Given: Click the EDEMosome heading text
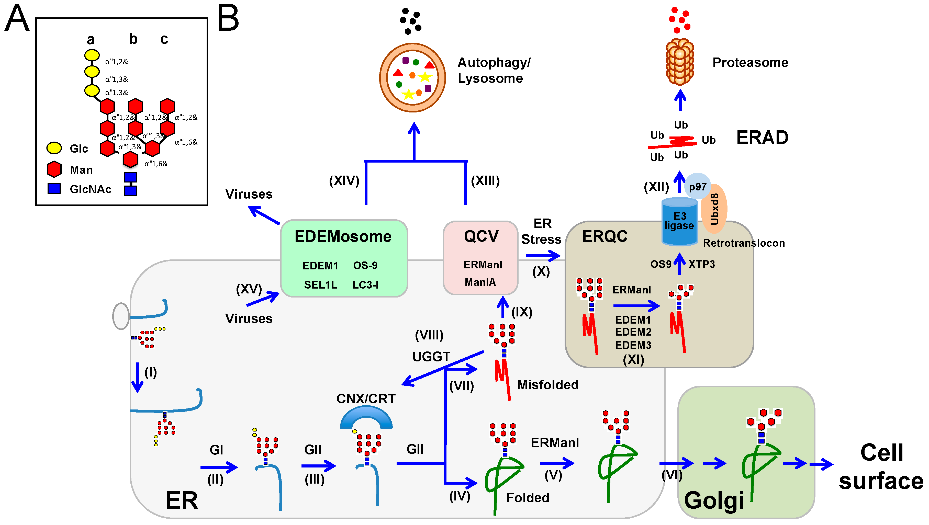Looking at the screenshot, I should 343,236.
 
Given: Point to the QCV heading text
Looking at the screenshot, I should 481,236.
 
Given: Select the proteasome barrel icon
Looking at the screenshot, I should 679,62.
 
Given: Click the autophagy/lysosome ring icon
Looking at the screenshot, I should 412,77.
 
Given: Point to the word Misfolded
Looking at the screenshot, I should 547,385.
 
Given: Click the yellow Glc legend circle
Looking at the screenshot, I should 54,147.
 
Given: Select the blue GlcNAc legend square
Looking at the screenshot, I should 54,188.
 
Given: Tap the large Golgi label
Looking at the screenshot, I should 714,500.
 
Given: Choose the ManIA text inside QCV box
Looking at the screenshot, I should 480,282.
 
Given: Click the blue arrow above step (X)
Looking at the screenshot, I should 542,256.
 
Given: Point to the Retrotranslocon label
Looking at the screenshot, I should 744,243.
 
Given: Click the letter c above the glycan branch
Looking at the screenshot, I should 164,39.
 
